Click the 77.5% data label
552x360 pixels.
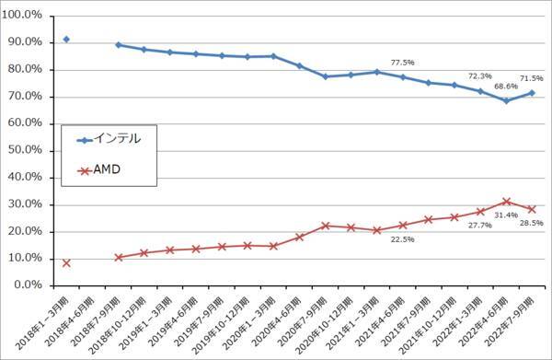(403, 63)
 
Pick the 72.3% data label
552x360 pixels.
(480, 76)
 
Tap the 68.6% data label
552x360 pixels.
(505, 87)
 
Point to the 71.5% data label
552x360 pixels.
(534, 79)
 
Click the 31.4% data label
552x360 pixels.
(505, 214)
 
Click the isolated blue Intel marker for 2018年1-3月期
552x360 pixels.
(66, 40)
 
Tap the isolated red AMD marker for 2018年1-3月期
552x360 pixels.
(66, 263)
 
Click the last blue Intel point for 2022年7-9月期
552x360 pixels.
(531, 93)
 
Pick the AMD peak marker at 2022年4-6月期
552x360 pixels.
(505, 202)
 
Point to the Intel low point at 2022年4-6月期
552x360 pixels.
(505, 100)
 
